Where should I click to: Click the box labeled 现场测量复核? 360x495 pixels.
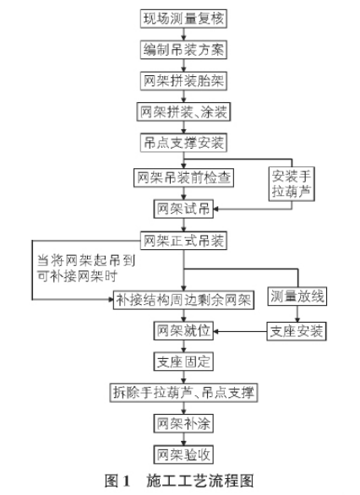183,19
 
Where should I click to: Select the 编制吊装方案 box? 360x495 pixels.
183,50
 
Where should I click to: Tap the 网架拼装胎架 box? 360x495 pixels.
183,81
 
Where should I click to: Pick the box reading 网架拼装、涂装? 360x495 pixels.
183,112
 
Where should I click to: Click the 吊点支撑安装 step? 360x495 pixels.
183,143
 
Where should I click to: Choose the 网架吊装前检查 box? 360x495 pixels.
183,177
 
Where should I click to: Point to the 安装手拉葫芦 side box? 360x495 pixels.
292,184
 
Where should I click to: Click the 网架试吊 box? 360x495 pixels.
183,209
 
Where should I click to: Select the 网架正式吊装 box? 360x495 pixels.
183,241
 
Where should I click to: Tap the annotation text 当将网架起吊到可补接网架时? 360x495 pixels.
86,269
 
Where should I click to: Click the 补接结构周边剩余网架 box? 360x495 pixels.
183,300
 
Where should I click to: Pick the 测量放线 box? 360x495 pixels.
297,296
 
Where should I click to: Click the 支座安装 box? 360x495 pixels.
297,331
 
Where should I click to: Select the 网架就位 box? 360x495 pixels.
183,331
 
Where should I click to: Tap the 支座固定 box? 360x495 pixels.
183,362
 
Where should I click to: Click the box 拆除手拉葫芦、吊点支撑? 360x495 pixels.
183,393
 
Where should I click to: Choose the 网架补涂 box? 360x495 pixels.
183,424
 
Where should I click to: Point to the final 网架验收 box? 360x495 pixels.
183,454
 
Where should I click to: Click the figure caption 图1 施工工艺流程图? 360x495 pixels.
179,481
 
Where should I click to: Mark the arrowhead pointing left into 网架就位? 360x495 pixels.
216,331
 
